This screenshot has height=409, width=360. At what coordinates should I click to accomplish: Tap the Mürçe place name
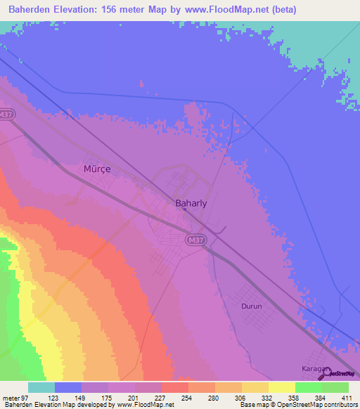(98, 169)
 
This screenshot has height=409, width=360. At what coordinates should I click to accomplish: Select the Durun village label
(252, 307)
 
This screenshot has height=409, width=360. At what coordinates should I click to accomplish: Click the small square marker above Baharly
(184, 188)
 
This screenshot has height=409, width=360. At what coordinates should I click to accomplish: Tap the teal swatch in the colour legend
(41, 387)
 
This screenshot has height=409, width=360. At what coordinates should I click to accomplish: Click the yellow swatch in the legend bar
(282, 387)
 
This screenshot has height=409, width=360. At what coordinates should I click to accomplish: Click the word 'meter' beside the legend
(10, 398)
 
